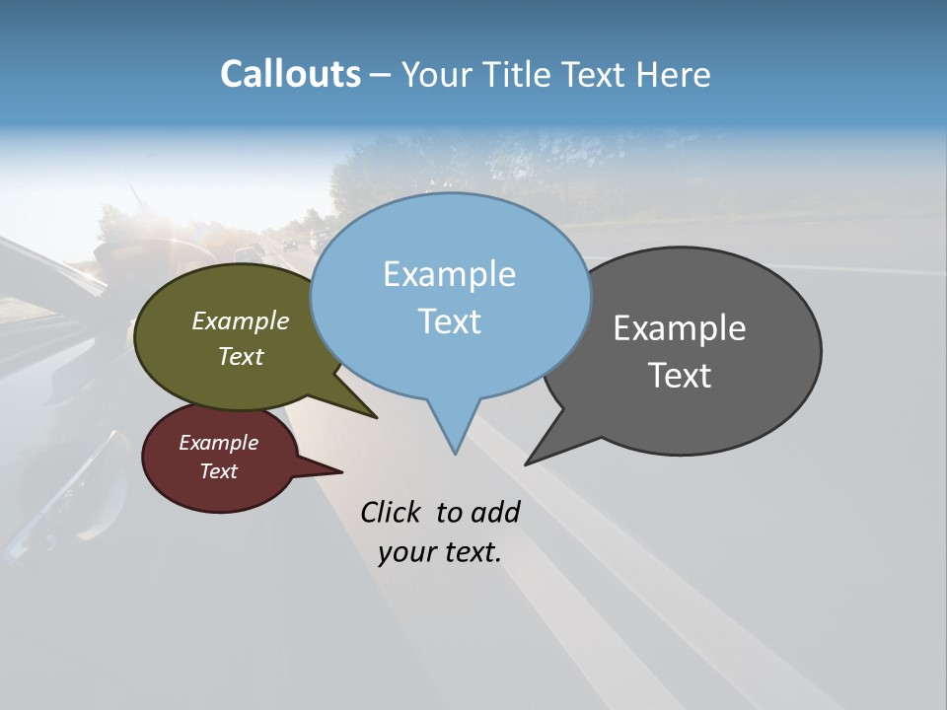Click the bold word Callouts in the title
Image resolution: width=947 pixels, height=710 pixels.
290,74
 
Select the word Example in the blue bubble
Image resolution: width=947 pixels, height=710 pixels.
449,274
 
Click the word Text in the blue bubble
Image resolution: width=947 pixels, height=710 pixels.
449,321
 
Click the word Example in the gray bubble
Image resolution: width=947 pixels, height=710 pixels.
680,328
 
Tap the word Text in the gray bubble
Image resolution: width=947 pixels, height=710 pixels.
680,376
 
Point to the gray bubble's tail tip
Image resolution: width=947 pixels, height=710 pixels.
527,463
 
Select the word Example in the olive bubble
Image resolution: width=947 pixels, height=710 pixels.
241,320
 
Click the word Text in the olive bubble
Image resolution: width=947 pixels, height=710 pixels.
241,356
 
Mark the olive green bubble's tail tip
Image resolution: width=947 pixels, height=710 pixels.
376,417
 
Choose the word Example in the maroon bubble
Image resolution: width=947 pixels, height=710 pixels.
218,443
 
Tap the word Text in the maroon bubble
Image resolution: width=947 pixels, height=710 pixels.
218,471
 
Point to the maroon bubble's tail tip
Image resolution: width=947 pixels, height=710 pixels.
341,471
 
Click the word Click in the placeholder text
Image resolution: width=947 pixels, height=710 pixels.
392,512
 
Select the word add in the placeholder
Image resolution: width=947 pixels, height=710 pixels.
495,512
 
